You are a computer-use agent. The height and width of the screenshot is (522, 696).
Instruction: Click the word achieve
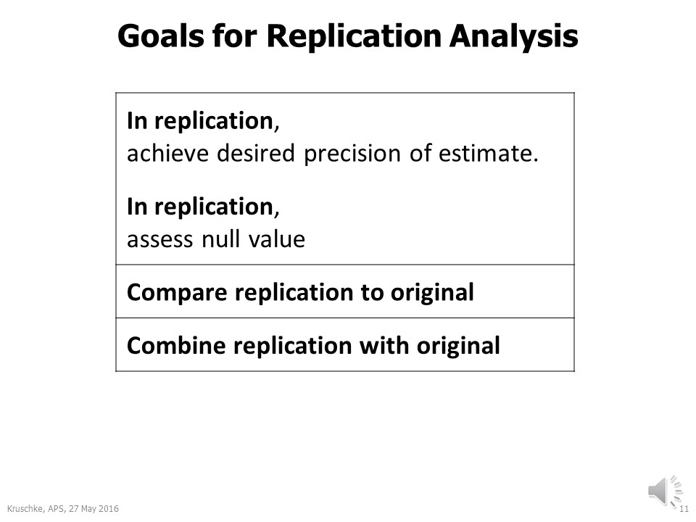click(159, 154)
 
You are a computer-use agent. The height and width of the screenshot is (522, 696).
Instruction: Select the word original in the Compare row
click(432, 293)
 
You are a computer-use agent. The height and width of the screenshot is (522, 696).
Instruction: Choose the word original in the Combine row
click(458, 346)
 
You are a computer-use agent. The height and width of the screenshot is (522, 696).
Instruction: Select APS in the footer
click(50, 508)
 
